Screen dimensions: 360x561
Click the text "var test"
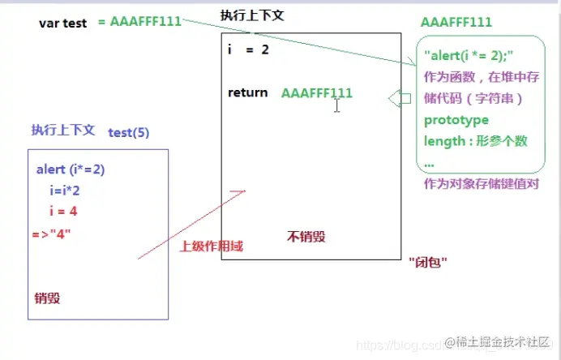62,23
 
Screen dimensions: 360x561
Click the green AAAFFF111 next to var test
139,21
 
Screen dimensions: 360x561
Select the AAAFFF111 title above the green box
456,22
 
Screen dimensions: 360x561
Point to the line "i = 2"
248,50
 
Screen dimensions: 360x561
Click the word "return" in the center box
247,92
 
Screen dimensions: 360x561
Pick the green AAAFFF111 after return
317,93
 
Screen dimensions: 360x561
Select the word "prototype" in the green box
456,120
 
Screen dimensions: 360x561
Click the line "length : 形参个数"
475,141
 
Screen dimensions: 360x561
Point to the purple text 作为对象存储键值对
481,184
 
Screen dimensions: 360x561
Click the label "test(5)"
128,132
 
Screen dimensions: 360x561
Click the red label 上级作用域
211,246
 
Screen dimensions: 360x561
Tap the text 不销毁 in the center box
306,236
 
